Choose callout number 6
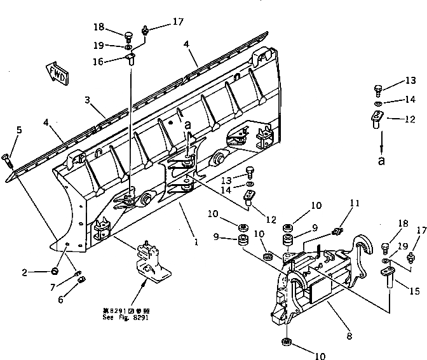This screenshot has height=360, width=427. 61,299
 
